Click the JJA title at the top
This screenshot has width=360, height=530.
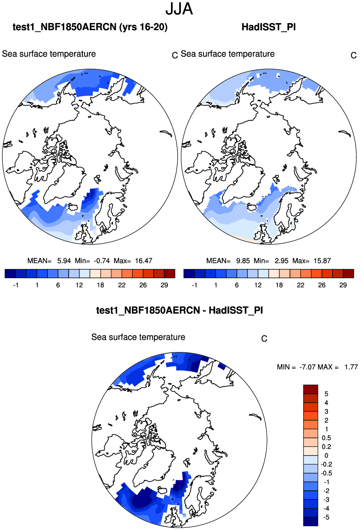tap(179, 9)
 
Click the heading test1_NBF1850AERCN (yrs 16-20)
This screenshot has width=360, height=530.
tap(90, 27)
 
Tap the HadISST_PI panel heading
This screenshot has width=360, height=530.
tap(269, 27)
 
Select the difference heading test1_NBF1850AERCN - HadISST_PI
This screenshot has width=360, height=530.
tap(180, 310)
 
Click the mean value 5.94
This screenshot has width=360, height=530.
tap(64, 261)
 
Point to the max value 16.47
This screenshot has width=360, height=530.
tap(144, 261)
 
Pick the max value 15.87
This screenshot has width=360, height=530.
tap(322, 261)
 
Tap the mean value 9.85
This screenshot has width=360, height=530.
tap(243, 261)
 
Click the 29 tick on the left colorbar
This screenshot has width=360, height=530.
tap(164, 285)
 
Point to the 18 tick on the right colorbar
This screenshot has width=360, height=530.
tap(279, 285)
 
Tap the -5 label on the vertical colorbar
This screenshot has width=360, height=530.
tap(325, 517)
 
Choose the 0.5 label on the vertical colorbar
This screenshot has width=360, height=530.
tap(326, 438)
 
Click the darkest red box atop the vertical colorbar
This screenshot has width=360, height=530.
tap(311, 389)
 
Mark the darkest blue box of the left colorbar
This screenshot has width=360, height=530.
tap(10, 274)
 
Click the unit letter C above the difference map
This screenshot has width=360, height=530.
tap(264, 339)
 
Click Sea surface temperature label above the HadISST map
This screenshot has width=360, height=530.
tap(227, 54)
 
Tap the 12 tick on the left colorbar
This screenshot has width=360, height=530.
tap(79, 285)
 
